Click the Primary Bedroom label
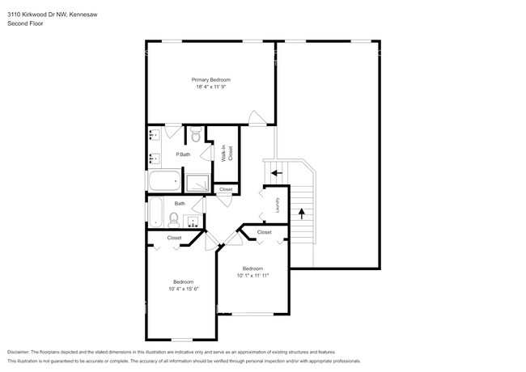coord(211,79)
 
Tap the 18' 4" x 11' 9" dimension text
coord(211,87)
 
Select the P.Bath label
coord(183,154)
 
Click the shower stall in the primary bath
coord(197,182)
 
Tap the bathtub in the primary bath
coord(164,181)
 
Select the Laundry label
coord(277,205)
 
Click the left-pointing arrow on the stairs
coord(276,172)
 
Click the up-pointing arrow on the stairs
coord(302,213)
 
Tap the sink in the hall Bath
coord(194,220)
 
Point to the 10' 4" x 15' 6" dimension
coord(184,289)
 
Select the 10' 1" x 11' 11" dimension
coord(252,276)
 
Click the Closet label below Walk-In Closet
coord(226,189)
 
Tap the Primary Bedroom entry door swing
coord(256,119)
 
